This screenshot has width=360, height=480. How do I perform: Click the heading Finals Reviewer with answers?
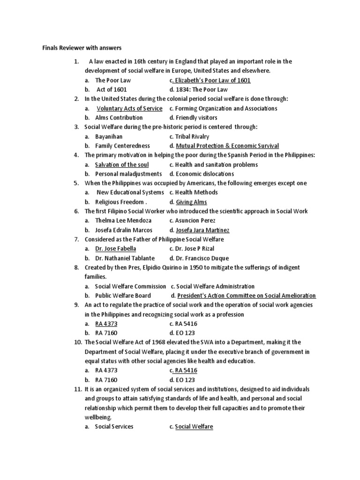[82, 48]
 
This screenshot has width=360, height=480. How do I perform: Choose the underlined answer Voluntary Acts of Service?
[129, 108]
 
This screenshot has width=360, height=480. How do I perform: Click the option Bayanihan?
[108, 136]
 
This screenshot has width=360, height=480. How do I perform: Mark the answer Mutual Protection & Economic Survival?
[227, 146]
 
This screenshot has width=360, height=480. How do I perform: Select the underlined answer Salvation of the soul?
[122, 165]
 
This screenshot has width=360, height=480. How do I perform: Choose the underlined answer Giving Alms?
[191, 202]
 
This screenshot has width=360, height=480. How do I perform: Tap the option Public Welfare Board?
[123, 296]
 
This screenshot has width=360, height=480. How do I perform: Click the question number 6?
[76, 211]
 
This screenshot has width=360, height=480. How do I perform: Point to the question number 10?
[77, 342]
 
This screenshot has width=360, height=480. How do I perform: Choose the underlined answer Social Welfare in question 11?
[194, 427]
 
